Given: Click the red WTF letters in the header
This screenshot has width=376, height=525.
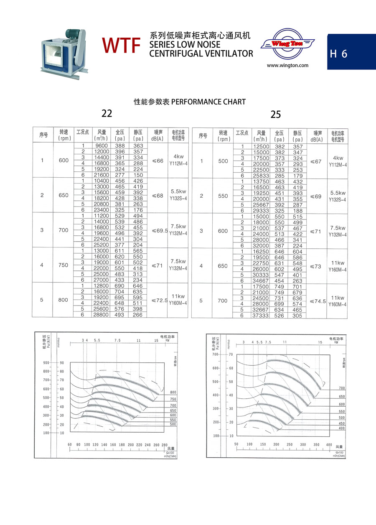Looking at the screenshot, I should click(x=121, y=45).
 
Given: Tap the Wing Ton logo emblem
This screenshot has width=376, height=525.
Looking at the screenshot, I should click(x=287, y=43).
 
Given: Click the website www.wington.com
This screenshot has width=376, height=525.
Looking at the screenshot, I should click(x=287, y=65).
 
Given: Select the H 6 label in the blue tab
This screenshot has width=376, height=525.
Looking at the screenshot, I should click(x=338, y=54).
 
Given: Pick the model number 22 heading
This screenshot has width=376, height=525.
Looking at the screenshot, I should click(x=107, y=113).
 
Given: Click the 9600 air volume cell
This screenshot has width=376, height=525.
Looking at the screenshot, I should click(x=102, y=146).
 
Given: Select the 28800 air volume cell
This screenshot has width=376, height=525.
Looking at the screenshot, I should click(x=102, y=315).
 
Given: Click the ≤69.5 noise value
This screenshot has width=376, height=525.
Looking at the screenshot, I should click(x=160, y=230).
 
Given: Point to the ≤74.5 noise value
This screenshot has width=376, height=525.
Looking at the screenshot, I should click(x=318, y=301).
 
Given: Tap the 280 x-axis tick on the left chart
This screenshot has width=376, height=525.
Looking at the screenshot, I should click(x=164, y=445).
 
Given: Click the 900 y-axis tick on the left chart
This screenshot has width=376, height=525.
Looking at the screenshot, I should click(x=46, y=362).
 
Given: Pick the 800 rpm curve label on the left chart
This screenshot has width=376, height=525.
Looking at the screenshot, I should click(x=173, y=392).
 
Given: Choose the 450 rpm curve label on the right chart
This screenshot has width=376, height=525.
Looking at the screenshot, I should click(x=342, y=423).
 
